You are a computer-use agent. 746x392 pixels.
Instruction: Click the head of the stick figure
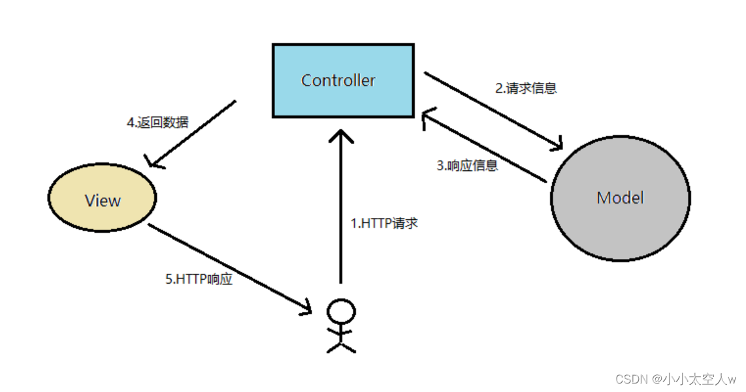pos(340,312)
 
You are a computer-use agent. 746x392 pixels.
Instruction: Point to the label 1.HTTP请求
pos(384,223)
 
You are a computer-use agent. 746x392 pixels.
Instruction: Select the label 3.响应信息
pos(467,166)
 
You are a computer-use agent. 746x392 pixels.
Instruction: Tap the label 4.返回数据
pos(157,122)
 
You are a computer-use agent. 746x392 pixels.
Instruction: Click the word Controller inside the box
pos(338,80)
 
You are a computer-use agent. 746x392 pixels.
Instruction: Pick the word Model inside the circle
pos(620,197)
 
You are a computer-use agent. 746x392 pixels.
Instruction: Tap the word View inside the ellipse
pos(103,200)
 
